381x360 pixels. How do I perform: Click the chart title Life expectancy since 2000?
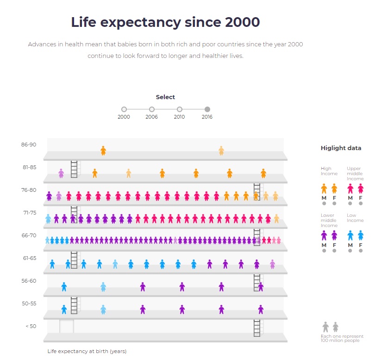coord(165,22)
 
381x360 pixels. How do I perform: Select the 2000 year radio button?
coord(124,109)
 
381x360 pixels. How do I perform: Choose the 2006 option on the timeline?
coord(151,109)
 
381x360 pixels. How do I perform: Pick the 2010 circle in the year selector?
coord(179,109)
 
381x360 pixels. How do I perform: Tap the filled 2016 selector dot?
coord(207,109)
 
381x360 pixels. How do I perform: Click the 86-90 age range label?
coord(28,145)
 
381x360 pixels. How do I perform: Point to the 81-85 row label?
coord(28,167)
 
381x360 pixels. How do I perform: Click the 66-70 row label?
coord(28,235)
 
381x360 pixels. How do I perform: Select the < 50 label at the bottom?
coord(30,326)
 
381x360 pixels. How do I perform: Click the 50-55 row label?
coord(28,303)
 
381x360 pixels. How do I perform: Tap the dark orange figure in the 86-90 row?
coord(103,151)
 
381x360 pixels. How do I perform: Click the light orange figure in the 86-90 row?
coord(221,151)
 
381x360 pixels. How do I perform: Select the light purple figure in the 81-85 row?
coord(61,173)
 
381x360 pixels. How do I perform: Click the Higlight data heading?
coord(341,148)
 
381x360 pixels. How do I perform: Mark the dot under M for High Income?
coord(324,203)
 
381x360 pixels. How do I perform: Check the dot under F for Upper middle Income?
coord(361,203)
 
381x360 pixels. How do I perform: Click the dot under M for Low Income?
coord(350,251)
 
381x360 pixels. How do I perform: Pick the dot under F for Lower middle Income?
coord(334,251)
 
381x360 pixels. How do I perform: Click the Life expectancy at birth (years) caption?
coord(87,351)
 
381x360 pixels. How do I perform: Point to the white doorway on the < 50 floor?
coord(66,326)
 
